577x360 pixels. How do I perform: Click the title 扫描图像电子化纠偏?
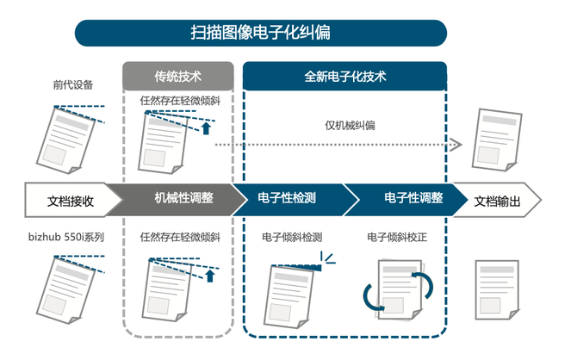point(260,33)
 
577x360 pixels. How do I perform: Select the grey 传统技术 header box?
point(177,76)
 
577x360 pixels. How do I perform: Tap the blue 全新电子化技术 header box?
point(344,76)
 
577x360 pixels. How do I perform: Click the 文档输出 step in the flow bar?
point(497,201)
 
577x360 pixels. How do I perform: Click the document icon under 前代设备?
point(73,137)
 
